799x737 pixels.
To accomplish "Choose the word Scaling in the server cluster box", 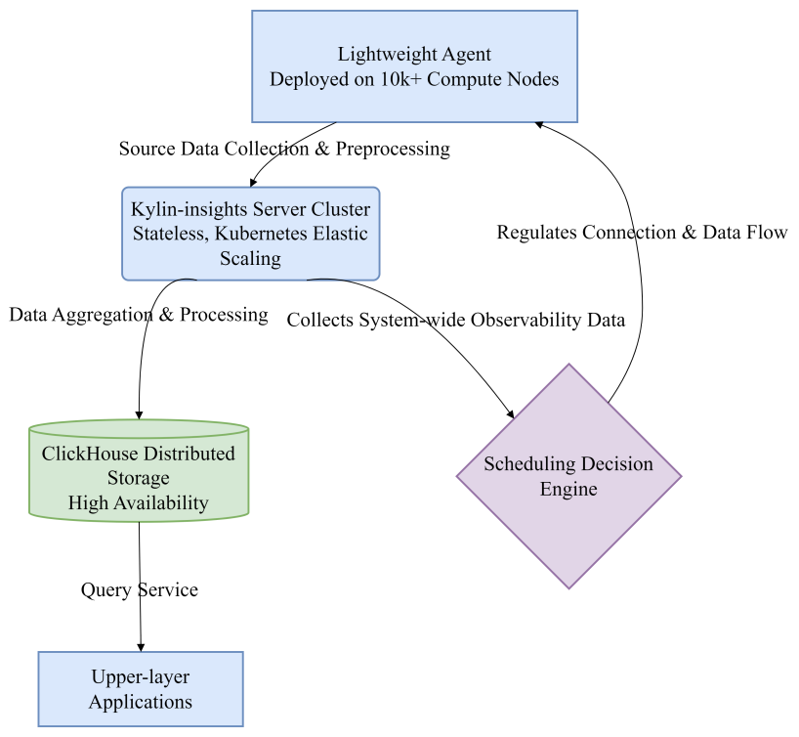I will pos(250,259).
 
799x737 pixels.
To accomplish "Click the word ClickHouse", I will pos(90,455).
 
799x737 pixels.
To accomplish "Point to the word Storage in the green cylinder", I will pos(138,479).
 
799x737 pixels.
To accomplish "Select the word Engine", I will pos(568,488).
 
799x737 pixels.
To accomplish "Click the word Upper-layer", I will pos(140,677).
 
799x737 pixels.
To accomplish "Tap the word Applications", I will pos(140,702).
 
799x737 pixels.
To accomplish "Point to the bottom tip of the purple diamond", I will pos(569,587).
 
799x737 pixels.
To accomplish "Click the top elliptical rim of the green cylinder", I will pos(139,428).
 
